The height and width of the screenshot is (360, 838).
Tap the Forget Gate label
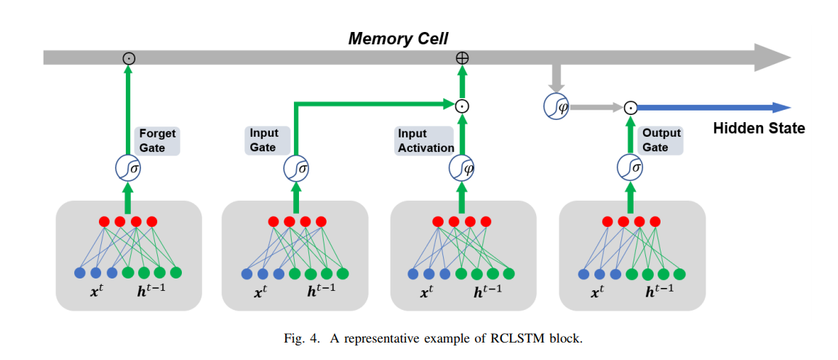click(157, 140)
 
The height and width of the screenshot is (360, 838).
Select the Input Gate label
click(263, 140)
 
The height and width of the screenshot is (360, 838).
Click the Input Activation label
click(426, 140)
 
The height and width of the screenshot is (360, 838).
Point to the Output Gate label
click(661, 140)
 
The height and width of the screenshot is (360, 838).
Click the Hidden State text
click(759, 129)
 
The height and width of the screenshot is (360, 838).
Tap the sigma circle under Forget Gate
click(128, 168)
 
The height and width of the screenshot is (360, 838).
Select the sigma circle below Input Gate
click(295, 168)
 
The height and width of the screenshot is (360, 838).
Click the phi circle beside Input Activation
click(461, 168)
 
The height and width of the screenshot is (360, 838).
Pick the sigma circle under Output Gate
click(629, 168)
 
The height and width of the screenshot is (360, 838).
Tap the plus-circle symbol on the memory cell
click(461, 57)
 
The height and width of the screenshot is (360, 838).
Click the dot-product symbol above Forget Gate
click(129, 57)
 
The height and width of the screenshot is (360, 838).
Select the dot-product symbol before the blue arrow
click(631, 108)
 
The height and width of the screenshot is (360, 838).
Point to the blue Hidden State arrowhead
click(781, 108)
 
